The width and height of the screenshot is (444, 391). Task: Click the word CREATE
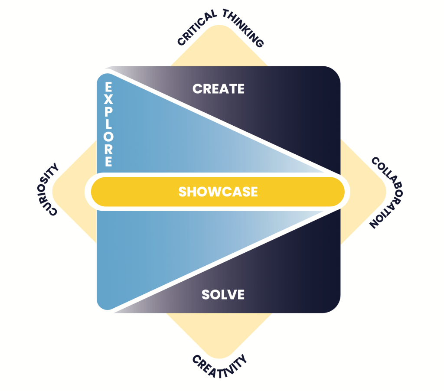[x=219, y=89]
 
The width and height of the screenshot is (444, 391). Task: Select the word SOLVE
[x=223, y=295]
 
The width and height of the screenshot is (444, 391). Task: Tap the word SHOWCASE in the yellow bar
[x=218, y=192]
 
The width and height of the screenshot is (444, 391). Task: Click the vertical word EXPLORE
[x=108, y=124]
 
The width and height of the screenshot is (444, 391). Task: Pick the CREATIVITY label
[x=220, y=366]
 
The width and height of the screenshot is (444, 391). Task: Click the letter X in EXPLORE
[x=108, y=99]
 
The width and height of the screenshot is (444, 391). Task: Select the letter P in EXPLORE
[x=108, y=112]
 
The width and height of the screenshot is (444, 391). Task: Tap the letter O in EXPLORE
[x=108, y=137]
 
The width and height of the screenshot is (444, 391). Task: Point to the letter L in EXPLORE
[x=108, y=124]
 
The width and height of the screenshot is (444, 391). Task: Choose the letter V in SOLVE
[x=230, y=295]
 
